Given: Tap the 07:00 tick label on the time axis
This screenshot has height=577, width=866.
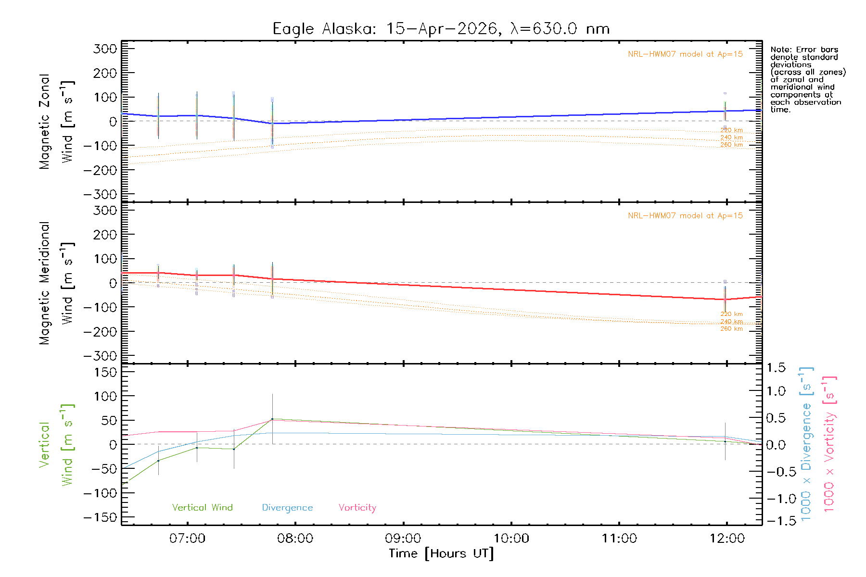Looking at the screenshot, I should [187, 538].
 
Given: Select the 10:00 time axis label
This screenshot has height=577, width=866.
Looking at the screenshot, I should [511, 538].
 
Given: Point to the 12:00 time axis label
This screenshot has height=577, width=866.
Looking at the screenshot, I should [727, 538].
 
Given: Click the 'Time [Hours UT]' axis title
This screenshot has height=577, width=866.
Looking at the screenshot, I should [441, 553].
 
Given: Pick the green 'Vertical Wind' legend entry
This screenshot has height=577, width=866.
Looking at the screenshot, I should [202, 507].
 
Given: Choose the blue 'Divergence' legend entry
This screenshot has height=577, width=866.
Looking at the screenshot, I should [287, 507].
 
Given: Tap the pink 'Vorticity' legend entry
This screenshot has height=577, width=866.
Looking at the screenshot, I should [357, 507].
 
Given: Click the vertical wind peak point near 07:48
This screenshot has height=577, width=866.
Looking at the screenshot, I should [272, 419].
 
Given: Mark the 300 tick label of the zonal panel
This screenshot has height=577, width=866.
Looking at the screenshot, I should [105, 49].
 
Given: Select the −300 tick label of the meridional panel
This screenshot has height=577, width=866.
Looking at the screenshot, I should [100, 356].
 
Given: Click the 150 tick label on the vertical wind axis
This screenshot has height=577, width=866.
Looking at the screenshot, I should [105, 372].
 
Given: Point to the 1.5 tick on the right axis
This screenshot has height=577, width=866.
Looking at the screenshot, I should [776, 368].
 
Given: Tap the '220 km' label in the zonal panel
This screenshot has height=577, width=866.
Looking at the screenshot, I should [731, 130].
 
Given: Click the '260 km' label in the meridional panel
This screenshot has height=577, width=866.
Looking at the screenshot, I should [731, 329].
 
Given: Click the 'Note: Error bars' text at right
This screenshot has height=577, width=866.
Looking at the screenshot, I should [804, 50].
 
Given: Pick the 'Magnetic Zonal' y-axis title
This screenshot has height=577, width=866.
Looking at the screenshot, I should [44, 122].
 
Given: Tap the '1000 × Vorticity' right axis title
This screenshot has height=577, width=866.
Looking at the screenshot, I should [829, 444].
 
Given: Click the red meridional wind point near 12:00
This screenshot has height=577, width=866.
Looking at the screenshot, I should [725, 299].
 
